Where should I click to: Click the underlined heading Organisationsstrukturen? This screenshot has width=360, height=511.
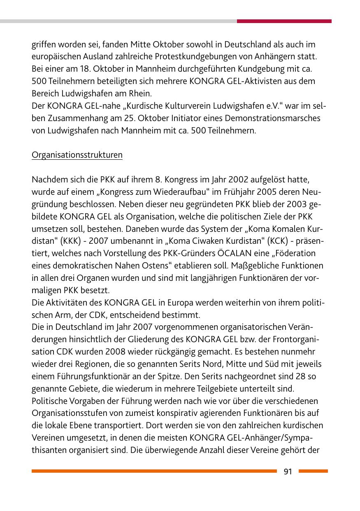[x=77, y=155]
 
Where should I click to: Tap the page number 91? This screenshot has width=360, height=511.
[x=288, y=471]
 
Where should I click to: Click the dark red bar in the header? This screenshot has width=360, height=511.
[x=284, y=21]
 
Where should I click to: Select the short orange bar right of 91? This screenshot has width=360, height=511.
[x=313, y=471]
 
